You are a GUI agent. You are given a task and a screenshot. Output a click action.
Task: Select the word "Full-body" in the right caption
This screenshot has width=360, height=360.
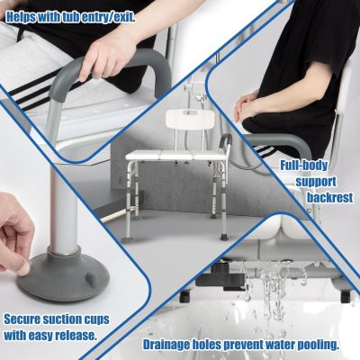coord(304,166)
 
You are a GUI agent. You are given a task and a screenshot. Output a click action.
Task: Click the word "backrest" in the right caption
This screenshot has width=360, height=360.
coord(329,198)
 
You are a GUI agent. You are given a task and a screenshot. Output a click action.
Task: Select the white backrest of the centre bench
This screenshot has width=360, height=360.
coord(190,120)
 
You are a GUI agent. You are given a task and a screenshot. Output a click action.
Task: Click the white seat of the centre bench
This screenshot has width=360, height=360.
coord(176,156)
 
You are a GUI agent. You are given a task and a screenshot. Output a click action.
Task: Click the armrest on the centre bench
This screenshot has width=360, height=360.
coord(225,141)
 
